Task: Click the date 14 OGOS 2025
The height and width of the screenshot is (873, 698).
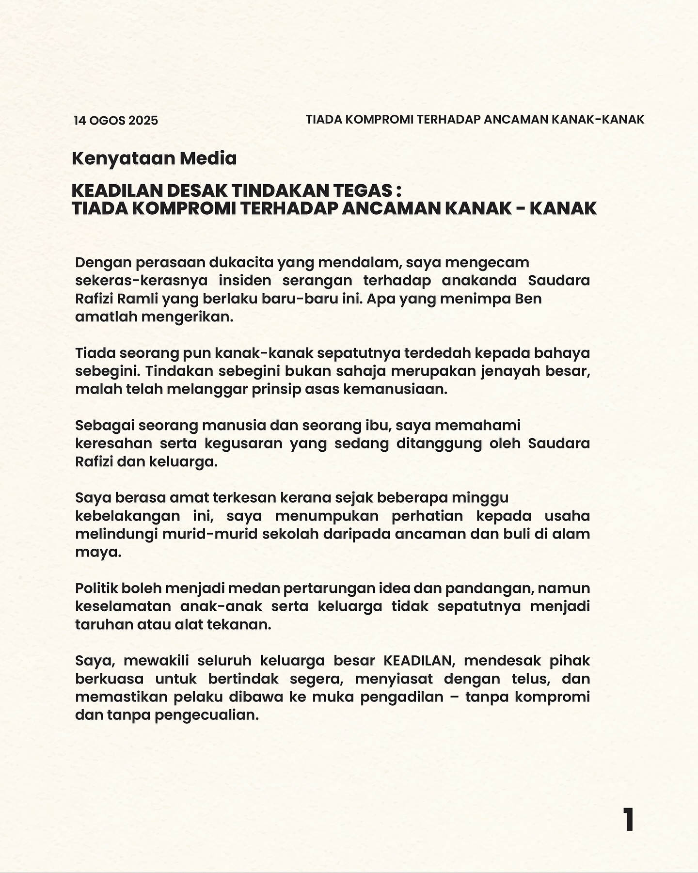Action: click(116, 121)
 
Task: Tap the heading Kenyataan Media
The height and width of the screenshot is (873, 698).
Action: click(154, 159)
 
